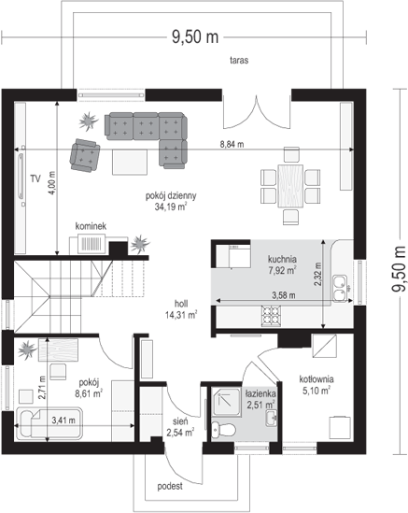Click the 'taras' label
[x=239, y=60]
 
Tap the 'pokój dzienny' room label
[x=171, y=195]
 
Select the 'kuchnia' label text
[x=282, y=259]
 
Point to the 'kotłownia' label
[x=317, y=379]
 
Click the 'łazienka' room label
[x=260, y=393]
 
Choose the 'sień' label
[x=180, y=422]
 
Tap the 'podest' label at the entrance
[x=170, y=486]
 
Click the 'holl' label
[x=181, y=304]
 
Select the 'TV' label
[x=35, y=178]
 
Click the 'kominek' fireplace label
[x=91, y=226]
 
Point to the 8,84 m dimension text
[x=232, y=144]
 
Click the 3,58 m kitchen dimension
[x=284, y=295]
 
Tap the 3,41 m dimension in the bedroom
[x=63, y=420]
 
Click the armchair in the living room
[x=85, y=155]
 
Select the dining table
[x=290, y=186]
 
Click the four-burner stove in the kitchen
[x=271, y=316]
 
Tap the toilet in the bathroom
[x=224, y=429]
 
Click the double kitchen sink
[x=341, y=288]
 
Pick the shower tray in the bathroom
[x=227, y=402]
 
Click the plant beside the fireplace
[x=140, y=244]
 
